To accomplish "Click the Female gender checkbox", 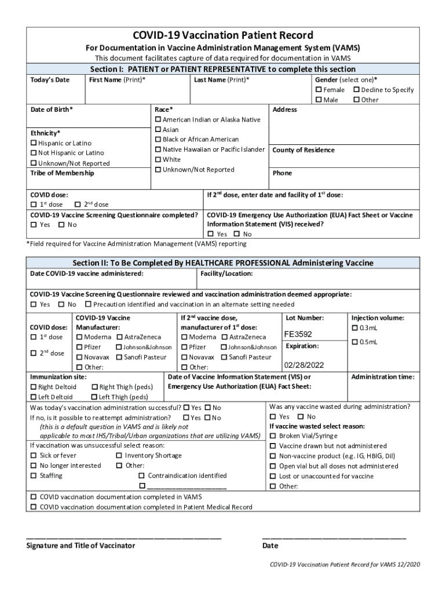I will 319,90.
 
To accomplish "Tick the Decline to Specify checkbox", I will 356,90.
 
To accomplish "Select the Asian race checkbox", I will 158,130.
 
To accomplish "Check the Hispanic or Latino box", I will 34,143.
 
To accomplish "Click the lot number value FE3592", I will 298,334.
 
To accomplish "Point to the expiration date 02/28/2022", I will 304,365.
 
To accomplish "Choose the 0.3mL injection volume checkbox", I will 355,328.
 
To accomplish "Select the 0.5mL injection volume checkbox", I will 355,342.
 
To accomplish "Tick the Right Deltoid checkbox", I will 34,387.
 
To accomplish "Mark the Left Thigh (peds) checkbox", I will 94,397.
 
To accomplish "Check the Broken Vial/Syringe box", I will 273,436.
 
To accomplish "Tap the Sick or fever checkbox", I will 34,456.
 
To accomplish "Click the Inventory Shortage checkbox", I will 119,456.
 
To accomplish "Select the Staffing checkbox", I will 34,476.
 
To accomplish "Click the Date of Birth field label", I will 52,109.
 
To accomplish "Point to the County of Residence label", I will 303,150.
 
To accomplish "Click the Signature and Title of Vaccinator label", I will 81,546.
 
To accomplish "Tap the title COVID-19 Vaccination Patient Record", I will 223,35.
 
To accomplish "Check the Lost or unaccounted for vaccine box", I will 273,477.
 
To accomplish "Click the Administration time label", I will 382,376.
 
